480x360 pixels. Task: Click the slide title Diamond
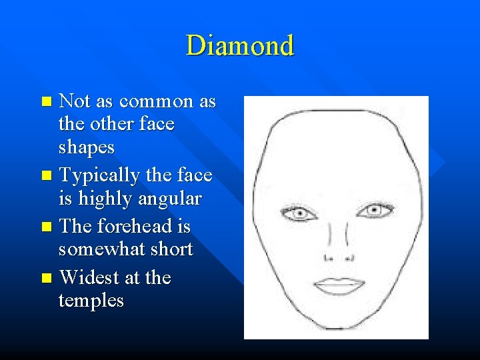click(x=239, y=46)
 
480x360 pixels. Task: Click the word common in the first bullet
click(x=155, y=101)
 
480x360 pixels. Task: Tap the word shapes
click(x=86, y=147)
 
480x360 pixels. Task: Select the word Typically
click(x=99, y=176)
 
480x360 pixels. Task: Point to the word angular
click(x=169, y=199)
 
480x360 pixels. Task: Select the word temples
click(x=91, y=301)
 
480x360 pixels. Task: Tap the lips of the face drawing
click(x=337, y=285)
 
